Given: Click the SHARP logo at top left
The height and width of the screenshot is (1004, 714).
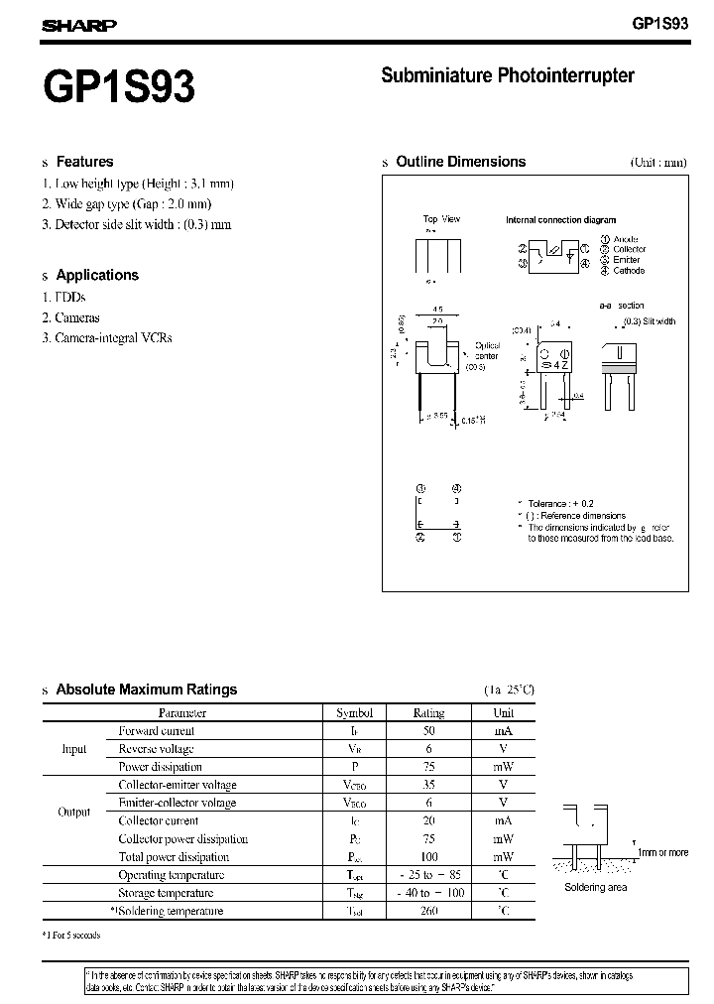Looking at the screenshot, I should (x=78, y=27).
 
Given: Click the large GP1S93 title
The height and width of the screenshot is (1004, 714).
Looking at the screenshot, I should (x=119, y=87).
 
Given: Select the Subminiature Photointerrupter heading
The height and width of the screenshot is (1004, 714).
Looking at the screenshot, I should (x=507, y=75).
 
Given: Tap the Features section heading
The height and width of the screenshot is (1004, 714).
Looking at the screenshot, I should (x=84, y=162).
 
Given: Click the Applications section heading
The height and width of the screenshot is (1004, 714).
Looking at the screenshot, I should (x=97, y=275).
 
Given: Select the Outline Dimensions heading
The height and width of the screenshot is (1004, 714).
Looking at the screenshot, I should (x=460, y=162).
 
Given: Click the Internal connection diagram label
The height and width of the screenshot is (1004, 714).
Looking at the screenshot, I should (x=560, y=220).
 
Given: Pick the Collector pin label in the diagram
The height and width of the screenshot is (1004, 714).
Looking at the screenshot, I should (x=629, y=249).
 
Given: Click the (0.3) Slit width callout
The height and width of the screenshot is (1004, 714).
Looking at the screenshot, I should (x=649, y=321).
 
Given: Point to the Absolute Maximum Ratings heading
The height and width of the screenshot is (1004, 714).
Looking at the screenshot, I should (x=146, y=690).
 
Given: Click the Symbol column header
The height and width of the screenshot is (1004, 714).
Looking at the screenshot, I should (x=354, y=712).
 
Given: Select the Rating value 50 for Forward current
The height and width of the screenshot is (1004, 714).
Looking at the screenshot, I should (x=428, y=730).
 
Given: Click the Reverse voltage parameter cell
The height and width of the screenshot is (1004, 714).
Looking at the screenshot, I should (x=156, y=749).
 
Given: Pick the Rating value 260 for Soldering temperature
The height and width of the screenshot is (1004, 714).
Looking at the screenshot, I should (x=428, y=911).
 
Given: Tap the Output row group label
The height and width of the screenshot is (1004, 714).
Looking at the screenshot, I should (x=74, y=812).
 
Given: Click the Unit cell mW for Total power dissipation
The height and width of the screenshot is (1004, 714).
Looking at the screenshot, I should (x=504, y=857).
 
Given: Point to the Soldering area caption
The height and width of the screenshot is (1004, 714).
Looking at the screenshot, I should (x=595, y=887).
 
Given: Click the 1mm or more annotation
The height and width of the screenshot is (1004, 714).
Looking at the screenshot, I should (x=662, y=852).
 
